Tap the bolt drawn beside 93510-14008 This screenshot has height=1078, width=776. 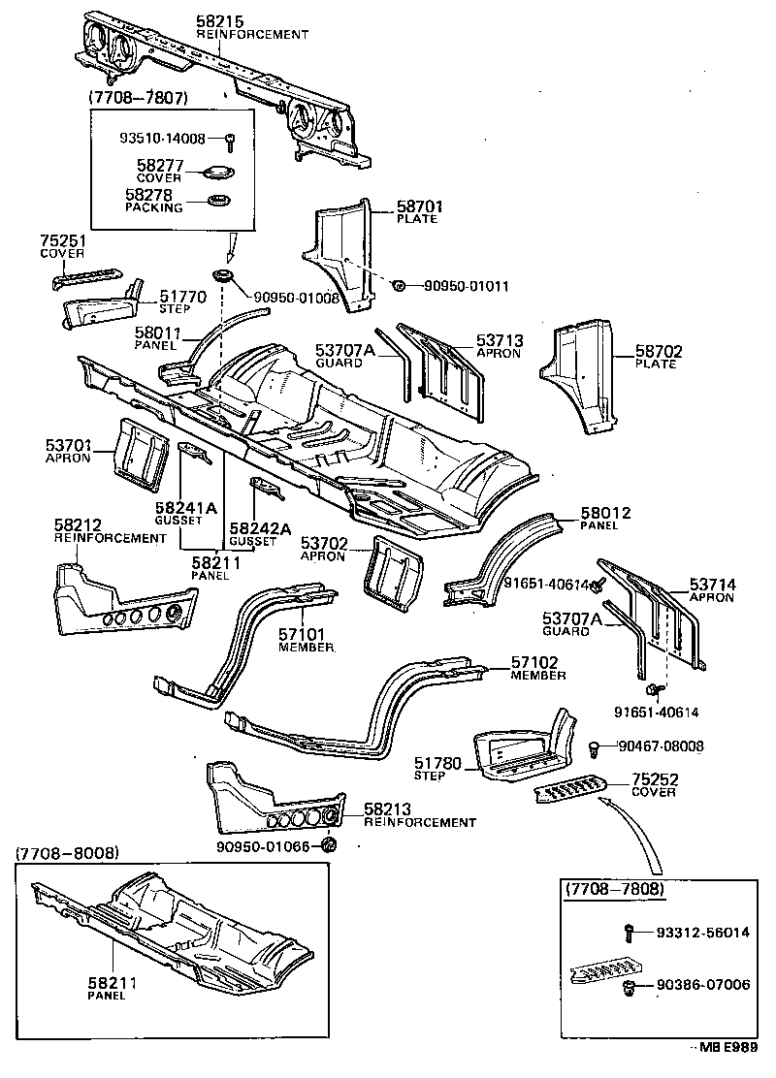230,140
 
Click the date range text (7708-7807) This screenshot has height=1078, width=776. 138,98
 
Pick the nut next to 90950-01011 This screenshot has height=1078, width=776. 399,285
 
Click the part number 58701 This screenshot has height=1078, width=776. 418,206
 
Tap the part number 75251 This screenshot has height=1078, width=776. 59,241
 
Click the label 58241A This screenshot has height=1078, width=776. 185,507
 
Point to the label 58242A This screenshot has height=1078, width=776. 260,528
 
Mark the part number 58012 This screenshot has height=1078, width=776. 605,513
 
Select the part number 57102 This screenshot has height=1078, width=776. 535,663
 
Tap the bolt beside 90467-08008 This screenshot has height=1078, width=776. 593,746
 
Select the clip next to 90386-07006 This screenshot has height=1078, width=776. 628,986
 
